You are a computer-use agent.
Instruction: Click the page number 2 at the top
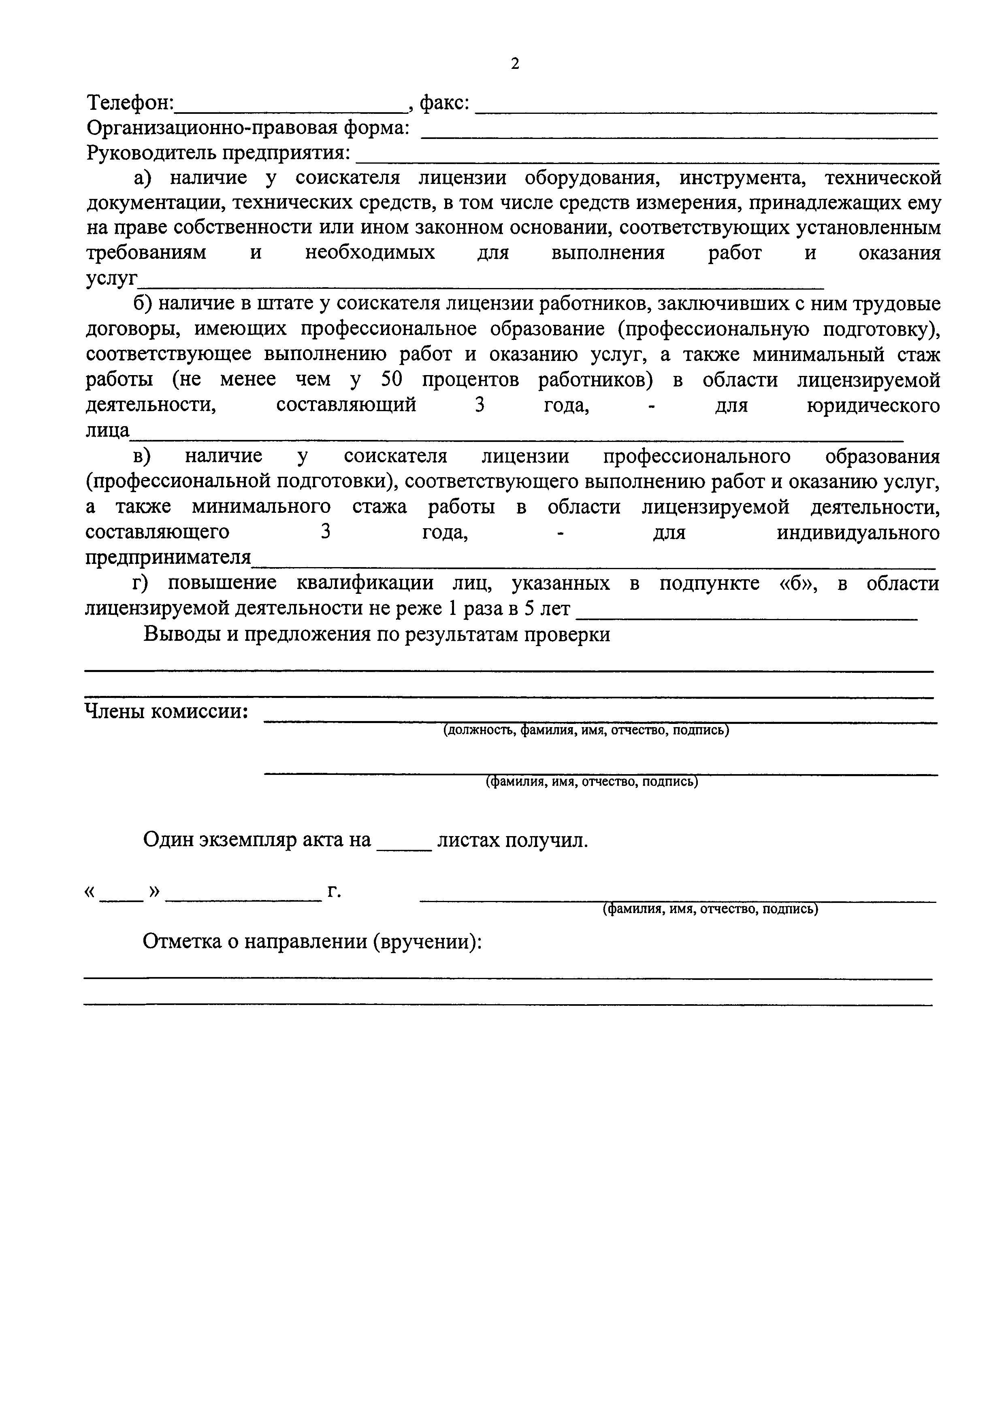point(515,64)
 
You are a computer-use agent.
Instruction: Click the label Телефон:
point(130,103)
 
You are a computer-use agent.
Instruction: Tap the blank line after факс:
point(705,110)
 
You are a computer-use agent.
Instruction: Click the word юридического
point(873,405)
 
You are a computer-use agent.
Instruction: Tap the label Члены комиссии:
point(166,712)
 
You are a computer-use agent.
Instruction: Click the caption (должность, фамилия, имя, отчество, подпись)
point(585,730)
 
